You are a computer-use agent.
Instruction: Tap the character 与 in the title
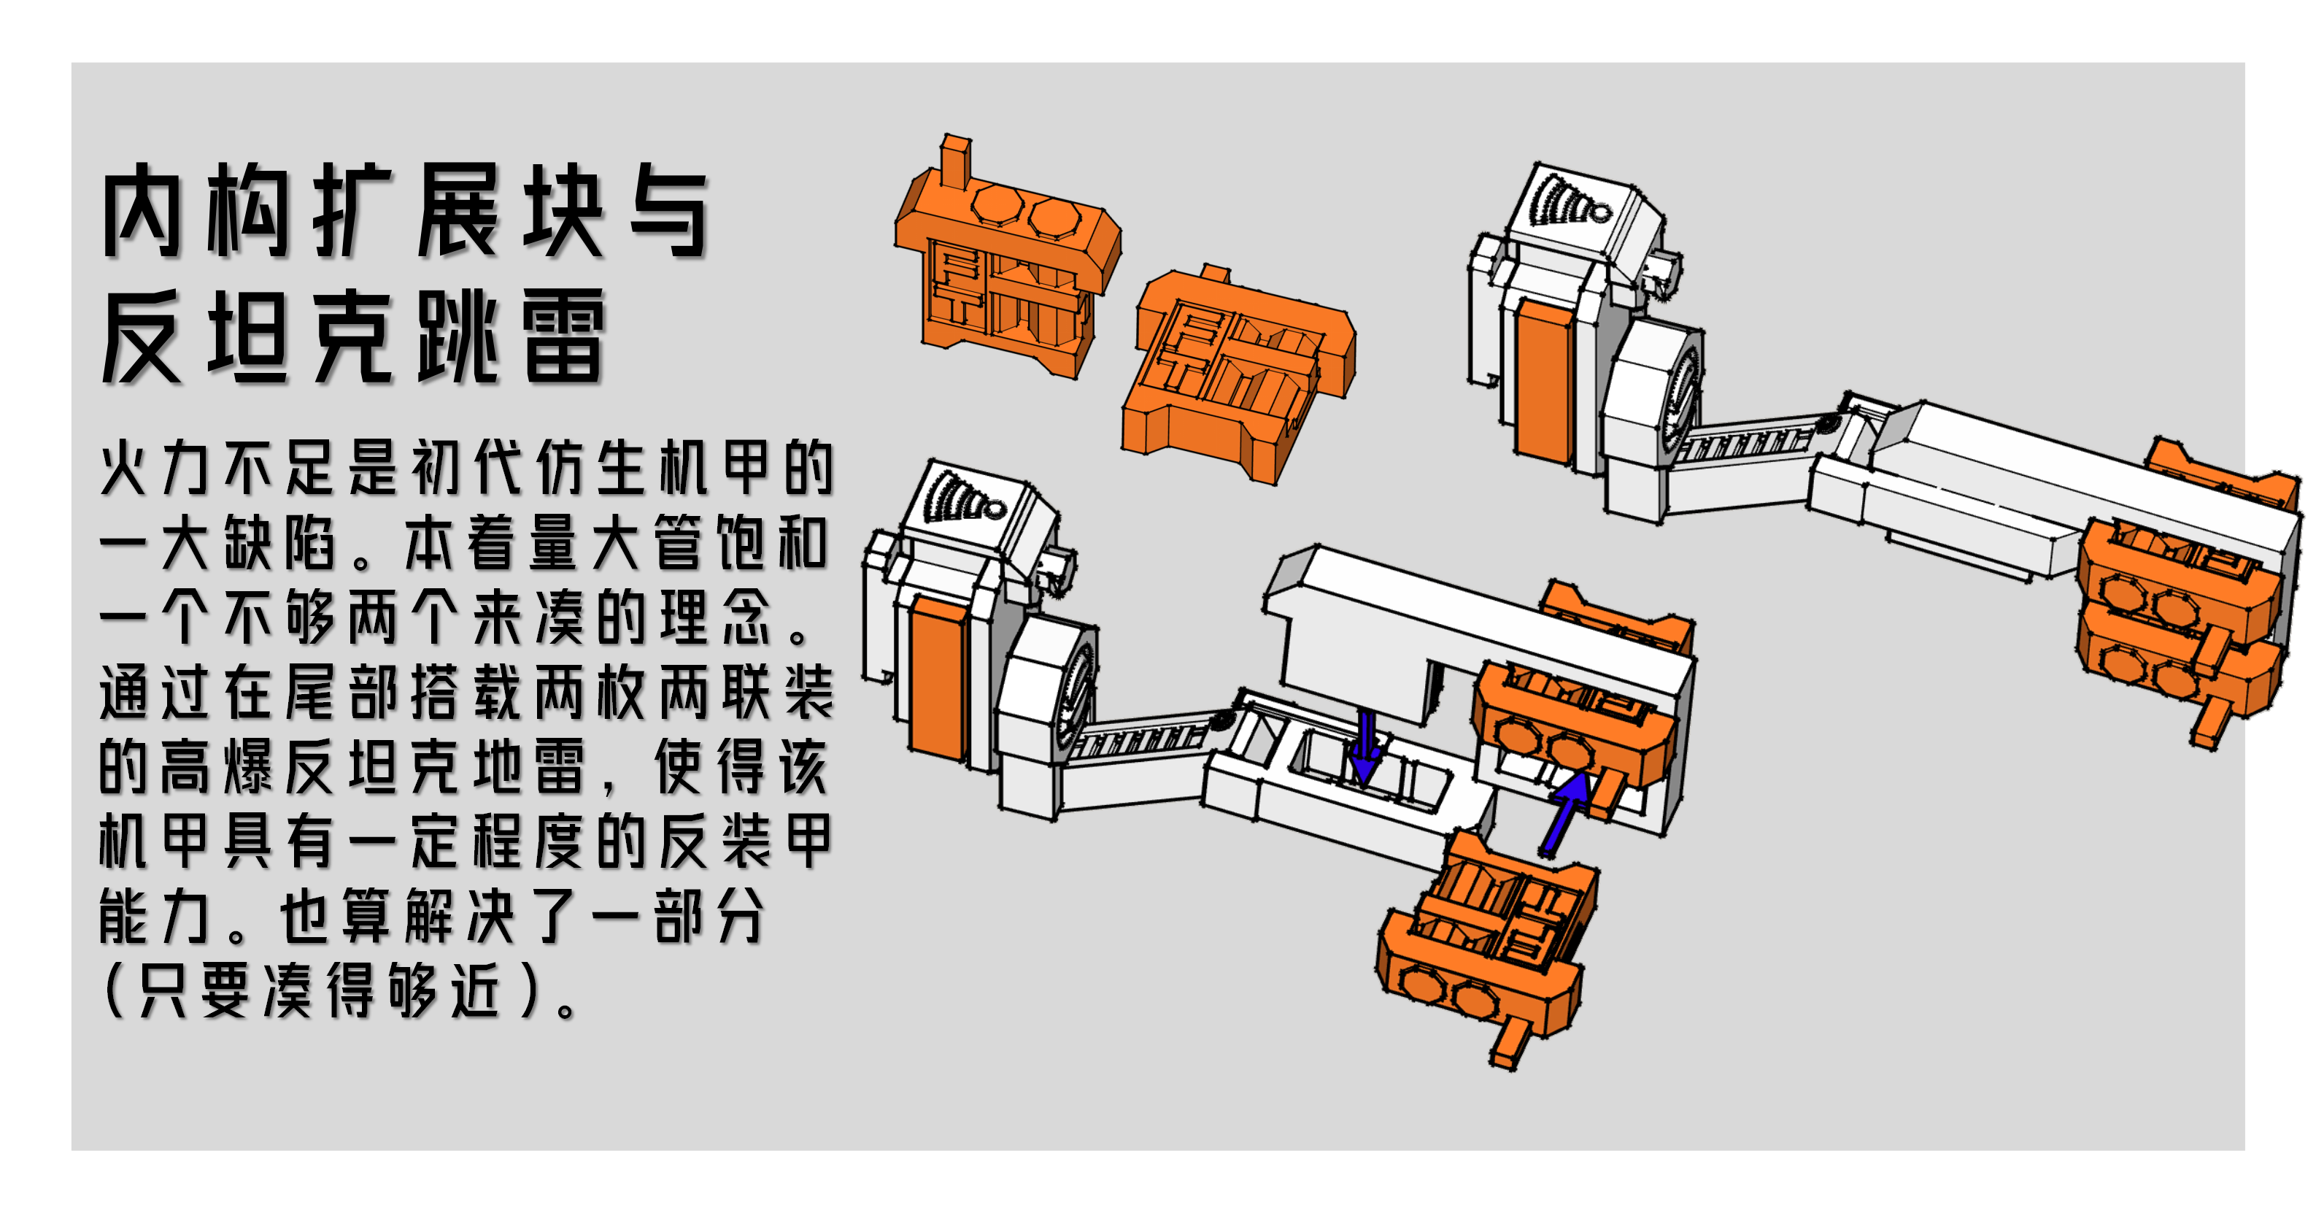[x=668, y=212]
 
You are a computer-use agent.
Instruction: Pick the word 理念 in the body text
[x=716, y=617]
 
